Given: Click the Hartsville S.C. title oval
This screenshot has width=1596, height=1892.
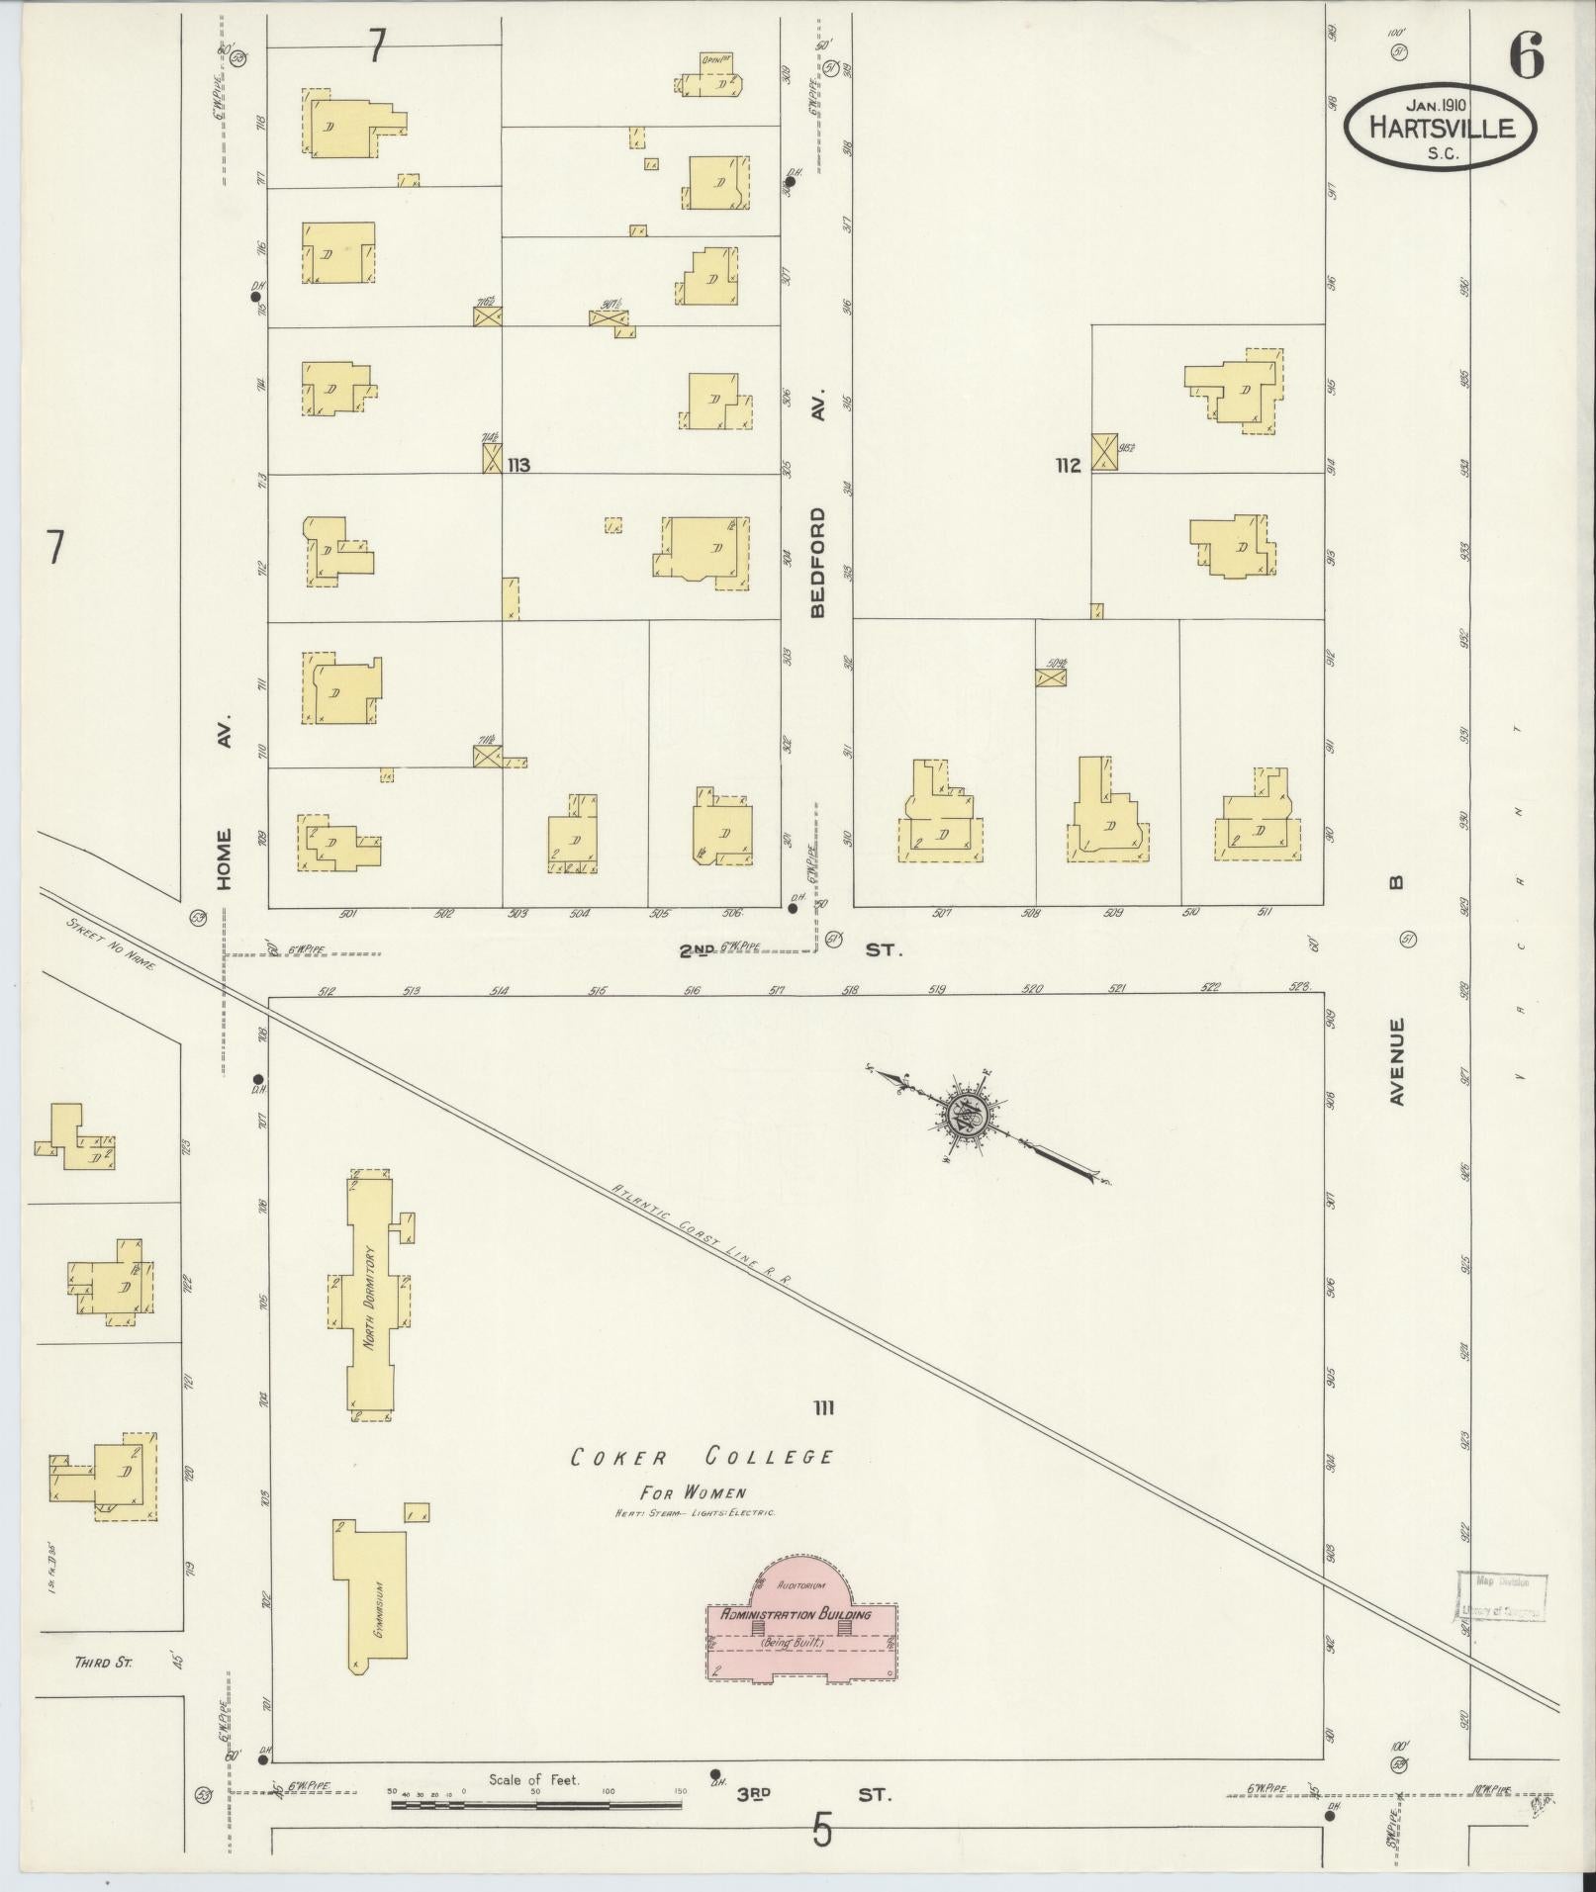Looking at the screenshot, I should (x=1440, y=126).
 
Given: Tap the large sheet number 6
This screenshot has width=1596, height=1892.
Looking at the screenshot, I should (x=1525, y=56).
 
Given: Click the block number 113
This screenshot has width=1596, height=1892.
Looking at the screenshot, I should (x=518, y=464).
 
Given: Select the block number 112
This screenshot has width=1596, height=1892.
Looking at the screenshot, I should (x=1068, y=465).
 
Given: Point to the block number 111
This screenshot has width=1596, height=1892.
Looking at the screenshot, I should (x=823, y=1407).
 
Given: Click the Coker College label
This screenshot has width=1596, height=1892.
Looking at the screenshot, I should (x=702, y=1457).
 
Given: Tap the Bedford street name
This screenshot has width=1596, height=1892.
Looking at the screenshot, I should (x=817, y=563).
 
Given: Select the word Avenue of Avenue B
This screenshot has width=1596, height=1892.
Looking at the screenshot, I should (x=1396, y=1061).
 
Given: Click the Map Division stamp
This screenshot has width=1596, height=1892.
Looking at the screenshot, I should (x=1502, y=1595).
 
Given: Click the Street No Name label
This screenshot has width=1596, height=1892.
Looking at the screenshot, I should (x=111, y=944).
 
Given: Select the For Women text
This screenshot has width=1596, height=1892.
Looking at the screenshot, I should (x=693, y=1492).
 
